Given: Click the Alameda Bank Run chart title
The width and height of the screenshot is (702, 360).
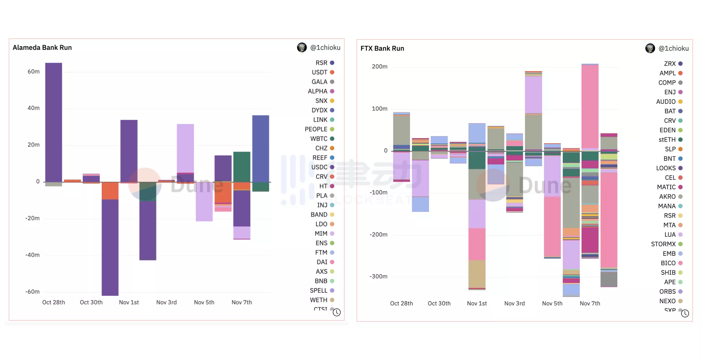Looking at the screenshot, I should [x=42, y=48].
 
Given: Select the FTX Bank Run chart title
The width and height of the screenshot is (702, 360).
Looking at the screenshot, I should [x=382, y=48].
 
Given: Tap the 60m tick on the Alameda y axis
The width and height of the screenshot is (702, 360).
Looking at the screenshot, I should [x=34, y=72].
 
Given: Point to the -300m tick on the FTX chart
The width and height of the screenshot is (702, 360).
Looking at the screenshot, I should [x=378, y=277].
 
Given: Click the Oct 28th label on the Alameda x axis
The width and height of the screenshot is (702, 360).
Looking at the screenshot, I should [x=53, y=302].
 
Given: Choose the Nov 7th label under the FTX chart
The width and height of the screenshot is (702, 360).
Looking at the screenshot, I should [x=590, y=303].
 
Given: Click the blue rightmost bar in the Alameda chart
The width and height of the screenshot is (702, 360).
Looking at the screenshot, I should [x=261, y=148].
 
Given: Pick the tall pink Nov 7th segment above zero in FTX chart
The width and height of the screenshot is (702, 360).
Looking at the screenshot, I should [x=590, y=107].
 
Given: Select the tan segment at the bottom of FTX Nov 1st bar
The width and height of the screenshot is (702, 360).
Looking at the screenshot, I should [x=477, y=274].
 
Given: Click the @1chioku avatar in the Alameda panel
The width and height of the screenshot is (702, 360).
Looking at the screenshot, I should [x=302, y=47].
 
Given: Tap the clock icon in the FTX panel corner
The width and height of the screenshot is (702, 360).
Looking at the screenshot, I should [x=685, y=313].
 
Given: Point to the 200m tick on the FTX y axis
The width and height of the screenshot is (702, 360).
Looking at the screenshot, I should [x=380, y=67].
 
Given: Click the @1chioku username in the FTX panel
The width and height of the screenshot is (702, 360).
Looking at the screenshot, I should [x=673, y=48].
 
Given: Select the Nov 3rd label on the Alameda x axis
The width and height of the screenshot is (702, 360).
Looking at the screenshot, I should [x=166, y=302].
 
